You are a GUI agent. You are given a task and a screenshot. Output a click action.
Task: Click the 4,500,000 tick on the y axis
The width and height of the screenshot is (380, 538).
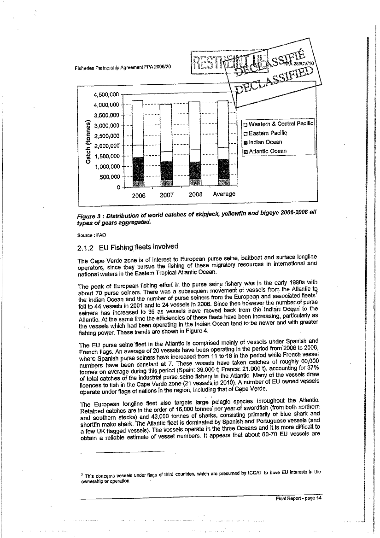pyautogui.click(x=107, y=95)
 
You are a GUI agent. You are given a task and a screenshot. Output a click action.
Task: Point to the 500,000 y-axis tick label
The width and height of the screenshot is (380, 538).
pyautogui.click(x=107, y=177)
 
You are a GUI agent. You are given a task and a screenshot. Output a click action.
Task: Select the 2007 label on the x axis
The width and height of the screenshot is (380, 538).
pyautogui.click(x=167, y=195)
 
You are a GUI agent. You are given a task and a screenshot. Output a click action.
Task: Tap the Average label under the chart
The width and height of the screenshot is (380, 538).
pyautogui.click(x=224, y=194)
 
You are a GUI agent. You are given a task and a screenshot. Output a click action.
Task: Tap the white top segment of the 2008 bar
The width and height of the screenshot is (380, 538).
pyautogui.click(x=195, y=125)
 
